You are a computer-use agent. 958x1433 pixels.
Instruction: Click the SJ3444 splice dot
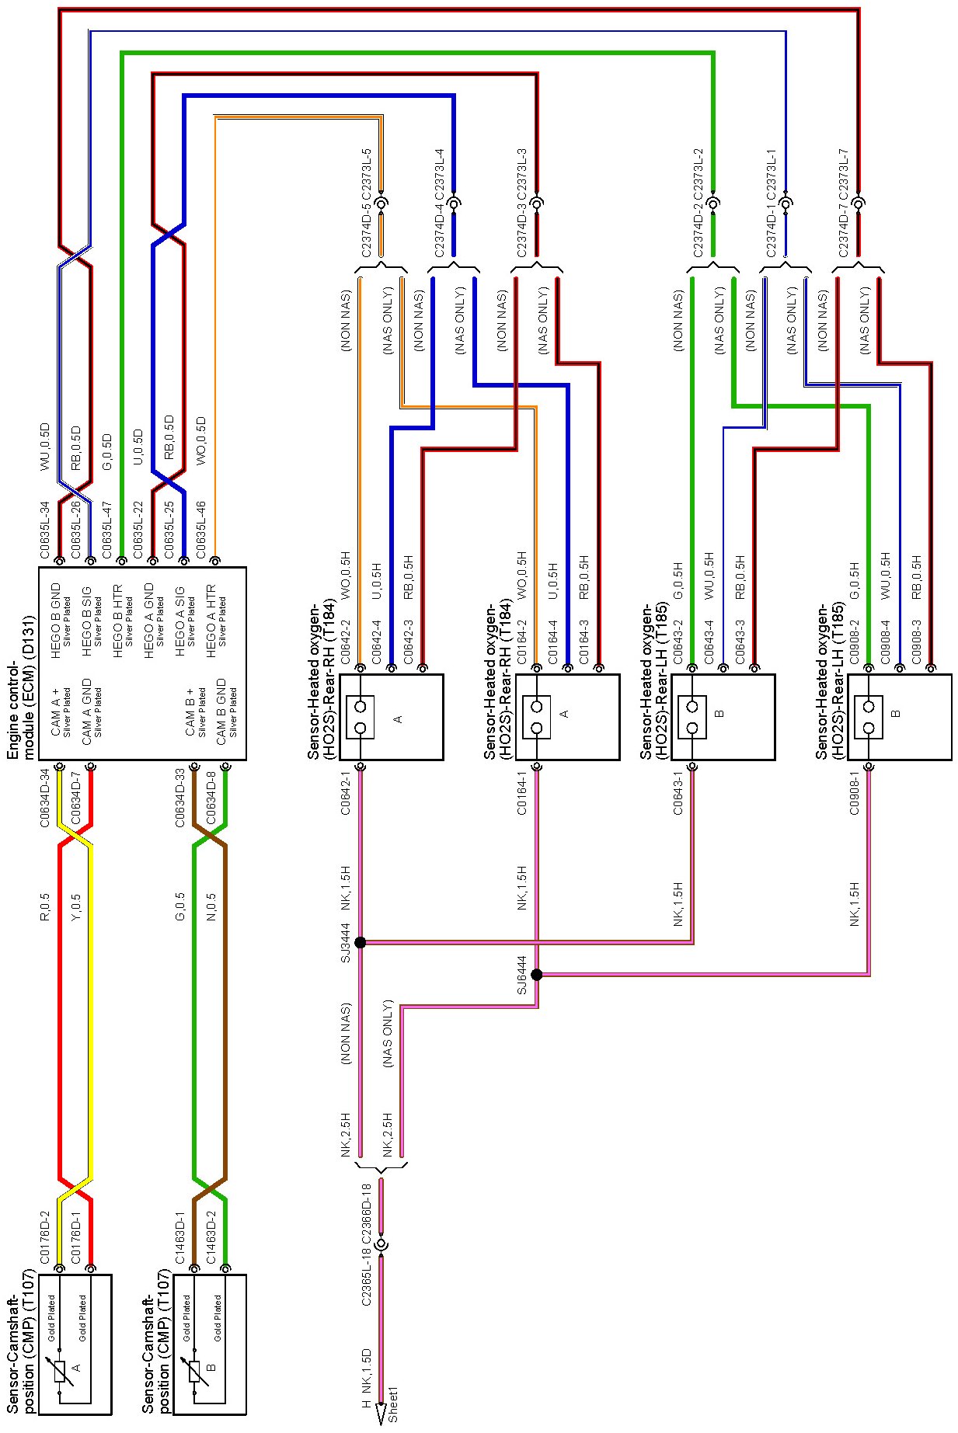360,942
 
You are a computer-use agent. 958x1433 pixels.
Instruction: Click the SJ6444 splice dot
536,974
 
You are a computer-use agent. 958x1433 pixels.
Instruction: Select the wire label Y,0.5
76,908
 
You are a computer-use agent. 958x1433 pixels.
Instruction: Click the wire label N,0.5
211,908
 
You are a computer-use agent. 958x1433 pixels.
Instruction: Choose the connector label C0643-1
678,793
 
